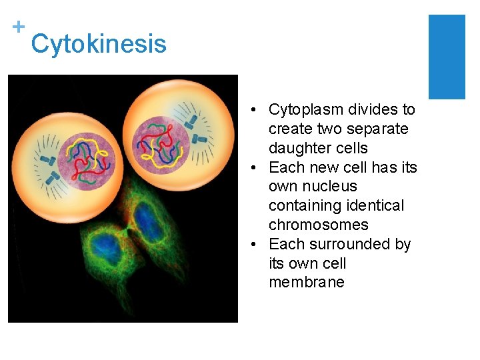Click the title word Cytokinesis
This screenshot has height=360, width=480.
(x=99, y=44)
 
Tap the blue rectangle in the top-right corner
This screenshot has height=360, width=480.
(x=446, y=57)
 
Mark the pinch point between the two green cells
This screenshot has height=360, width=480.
(x=127, y=230)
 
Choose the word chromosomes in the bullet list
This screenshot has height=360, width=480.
(x=318, y=225)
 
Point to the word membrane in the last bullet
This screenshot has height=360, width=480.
(x=306, y=282)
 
